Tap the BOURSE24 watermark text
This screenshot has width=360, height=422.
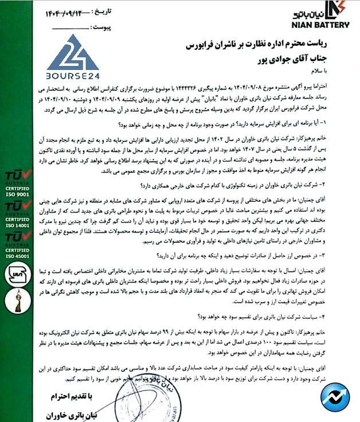pos(72,75)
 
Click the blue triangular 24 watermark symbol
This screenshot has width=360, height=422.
pos(73,53)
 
